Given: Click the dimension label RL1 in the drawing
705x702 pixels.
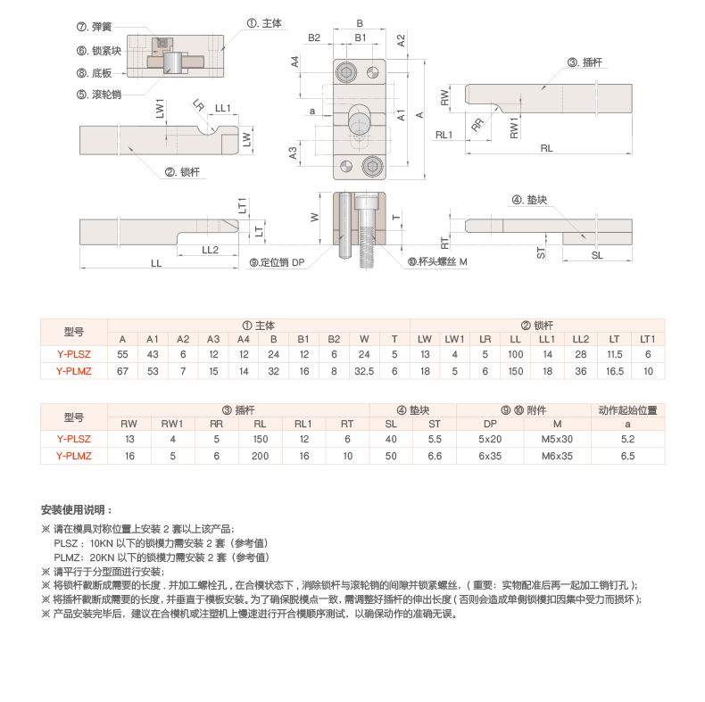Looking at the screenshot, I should [x=444, y=134].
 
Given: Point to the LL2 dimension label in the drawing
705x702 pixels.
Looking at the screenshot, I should [x=211, y=249].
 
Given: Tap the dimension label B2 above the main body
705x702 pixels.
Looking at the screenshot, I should [x=315, y=37].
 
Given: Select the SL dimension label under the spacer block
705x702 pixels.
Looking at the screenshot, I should [x=597, y=255].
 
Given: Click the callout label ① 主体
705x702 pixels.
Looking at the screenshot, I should [x=264, y=24].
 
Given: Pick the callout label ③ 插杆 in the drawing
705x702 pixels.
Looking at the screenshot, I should [x=585, y=62].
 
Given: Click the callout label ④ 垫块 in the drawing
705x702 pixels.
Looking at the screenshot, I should [x=529, y=199].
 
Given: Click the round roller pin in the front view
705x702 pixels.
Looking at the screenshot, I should [x=361, y=120].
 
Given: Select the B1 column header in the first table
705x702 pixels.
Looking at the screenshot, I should [x=303, y=339].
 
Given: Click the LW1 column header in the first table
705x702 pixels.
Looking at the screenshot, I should [x=454, y=339].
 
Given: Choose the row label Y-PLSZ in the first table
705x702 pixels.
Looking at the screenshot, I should [x=74, y=354].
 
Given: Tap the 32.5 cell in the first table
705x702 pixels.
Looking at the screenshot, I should [x=364, y=370].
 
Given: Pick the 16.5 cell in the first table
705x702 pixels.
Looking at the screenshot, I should [x=614, y=370].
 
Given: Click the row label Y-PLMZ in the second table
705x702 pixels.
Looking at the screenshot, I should [x=74, y=455].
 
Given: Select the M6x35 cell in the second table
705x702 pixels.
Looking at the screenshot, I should [x=557, y=455].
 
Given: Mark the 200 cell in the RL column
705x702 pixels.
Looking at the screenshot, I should [x=261, y=455].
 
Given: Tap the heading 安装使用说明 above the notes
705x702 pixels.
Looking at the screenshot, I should [x=76, y=510].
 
